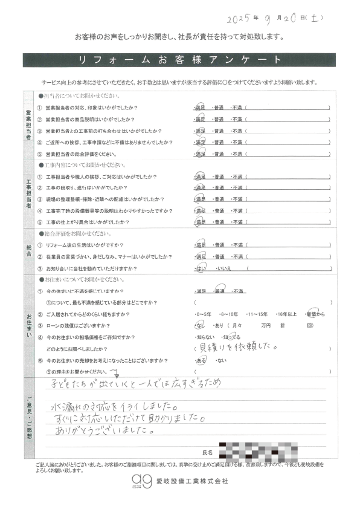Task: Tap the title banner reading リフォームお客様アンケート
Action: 180,60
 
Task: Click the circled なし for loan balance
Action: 200,326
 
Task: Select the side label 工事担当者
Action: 28,194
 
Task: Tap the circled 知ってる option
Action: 232,336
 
